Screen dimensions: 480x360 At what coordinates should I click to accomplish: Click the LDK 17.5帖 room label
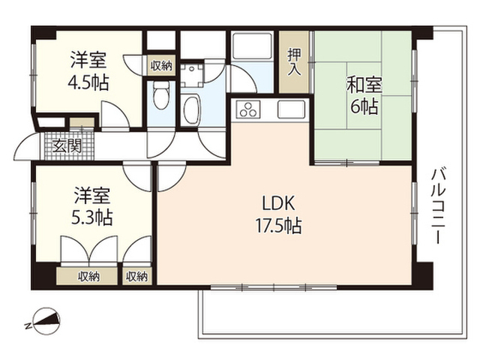[279, 214]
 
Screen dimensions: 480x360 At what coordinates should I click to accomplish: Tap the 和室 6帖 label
[364, 95]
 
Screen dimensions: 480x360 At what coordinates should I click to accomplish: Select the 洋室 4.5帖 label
[88, 71]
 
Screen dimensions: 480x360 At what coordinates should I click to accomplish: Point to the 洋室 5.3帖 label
[92, 206]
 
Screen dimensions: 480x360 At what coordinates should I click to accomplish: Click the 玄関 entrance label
[67, 145]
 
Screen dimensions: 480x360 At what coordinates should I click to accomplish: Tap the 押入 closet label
[294, 61]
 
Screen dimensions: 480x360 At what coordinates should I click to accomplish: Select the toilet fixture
[161, 94]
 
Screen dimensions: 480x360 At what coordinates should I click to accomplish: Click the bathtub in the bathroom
[192, 110]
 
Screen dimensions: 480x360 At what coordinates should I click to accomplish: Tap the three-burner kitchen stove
[248, 109]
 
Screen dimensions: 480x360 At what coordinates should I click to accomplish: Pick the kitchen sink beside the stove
[291, 109]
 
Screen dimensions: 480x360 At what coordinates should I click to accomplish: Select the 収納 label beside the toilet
[161, 65]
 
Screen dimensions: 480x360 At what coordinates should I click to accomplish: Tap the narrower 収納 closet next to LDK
[136, 277]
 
